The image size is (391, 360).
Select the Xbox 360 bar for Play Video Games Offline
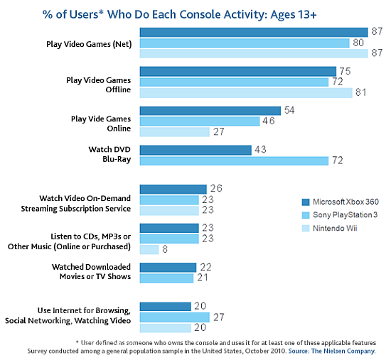(x=237, y=71)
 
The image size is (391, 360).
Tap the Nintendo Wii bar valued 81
(x=246, y=92)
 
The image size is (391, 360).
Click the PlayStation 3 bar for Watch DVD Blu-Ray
(x=234, y=160)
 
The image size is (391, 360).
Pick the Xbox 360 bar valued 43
(x=195, y=150)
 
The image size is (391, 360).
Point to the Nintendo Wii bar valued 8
(x=149, y=249)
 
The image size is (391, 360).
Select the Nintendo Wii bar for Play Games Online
(x=175, y=131)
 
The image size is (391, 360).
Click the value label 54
(x=289, y=111)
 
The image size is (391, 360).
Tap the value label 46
(x=269, y=122)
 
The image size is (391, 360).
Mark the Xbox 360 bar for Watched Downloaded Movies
(x=168, y=267)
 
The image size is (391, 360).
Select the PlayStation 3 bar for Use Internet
(x=174, y=317)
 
